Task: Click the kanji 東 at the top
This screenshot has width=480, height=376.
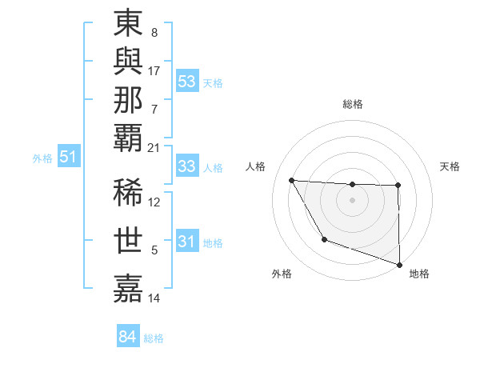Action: pyautogui.click(x=129, y=25)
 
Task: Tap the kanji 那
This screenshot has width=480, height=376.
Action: pyautogui.click(x=129, y=101)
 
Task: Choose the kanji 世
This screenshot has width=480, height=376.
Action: pyautogui.click(x=129, y=241)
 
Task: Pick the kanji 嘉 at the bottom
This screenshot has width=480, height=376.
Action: pyautogui.click(x=129, y=287)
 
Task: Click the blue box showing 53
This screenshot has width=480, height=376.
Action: pyautogui.click(x=187, y=82)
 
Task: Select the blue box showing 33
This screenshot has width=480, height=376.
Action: pyautogui.click(x=187, y=166)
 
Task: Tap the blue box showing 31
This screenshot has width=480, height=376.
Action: pyautogui.click(x=187, y=242)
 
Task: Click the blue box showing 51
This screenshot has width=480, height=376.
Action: pyautogui.click(x=69, y=158)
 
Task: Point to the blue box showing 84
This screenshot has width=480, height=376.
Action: pyautogui.click(x=127, y=337)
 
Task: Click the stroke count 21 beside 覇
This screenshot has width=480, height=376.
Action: pyautogui.click(x=154, y=147)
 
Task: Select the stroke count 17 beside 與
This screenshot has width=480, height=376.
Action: pyautogui.click(x=154, y=71)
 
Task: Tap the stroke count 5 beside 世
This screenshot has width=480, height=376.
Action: pyautogui.click(x=154, y=251)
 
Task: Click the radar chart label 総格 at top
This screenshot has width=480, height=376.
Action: pyautogui.click(x=353, y=104)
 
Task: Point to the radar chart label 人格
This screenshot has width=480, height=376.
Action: pyautogui.click(x=256, y=166)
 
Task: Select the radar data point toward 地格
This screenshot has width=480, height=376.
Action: pyautogui.click(x=399, y=263)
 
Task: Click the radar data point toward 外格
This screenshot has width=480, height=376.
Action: pyautogui.click(x=324, y=239)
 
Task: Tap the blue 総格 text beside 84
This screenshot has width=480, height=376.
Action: pyautogui.click(x=154, y=338)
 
